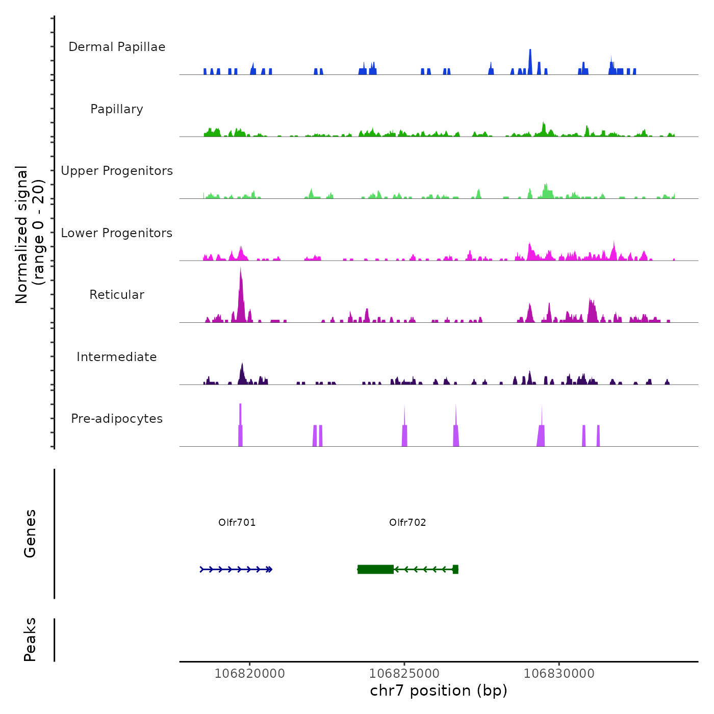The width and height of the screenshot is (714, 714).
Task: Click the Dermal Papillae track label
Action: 117,47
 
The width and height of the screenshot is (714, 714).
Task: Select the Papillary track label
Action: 117,109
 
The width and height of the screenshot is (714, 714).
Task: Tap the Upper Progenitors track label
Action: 117,171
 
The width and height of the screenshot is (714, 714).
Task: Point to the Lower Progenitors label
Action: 117,233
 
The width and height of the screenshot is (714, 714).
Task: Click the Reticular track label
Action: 117,295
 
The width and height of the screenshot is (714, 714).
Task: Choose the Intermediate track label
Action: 117,357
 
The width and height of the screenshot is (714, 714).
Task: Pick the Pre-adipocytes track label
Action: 117,419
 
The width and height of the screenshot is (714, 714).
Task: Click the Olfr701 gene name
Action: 237,522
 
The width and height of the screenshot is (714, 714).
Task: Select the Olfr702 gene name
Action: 407,522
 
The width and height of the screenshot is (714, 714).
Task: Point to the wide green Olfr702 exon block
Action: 375,569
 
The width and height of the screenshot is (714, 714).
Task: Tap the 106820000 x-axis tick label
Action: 250,673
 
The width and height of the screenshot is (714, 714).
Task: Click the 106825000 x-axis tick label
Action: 404,673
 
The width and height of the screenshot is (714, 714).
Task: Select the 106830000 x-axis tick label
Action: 559,673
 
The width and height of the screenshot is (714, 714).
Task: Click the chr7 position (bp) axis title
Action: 439,691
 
